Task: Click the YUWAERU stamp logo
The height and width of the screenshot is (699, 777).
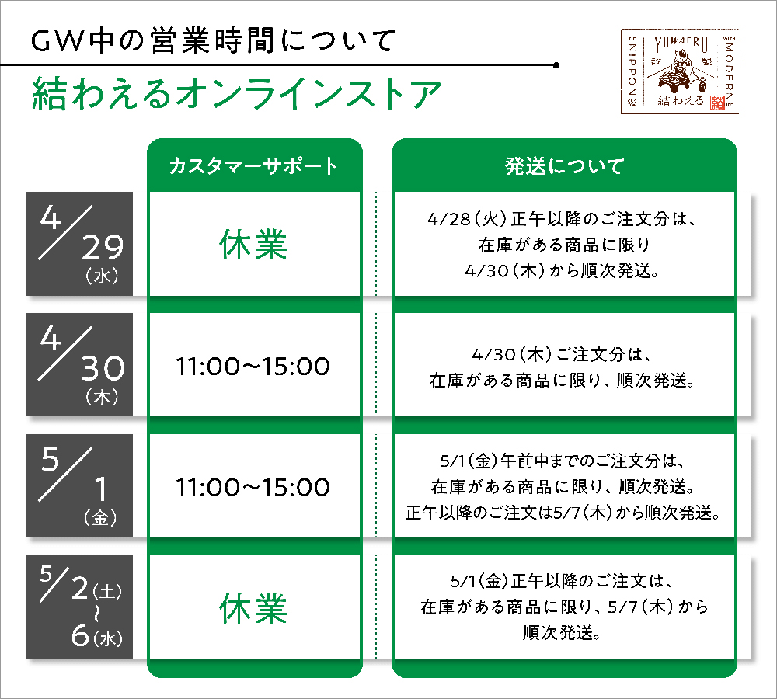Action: [681, 71]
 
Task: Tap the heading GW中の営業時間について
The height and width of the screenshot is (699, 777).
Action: [214, 40]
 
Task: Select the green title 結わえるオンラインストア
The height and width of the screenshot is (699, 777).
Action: [236, 94]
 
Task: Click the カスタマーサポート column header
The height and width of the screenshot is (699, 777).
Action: [253, 166]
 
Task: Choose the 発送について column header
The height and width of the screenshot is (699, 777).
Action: [564, 166]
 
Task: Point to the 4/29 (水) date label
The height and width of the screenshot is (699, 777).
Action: [81, 244]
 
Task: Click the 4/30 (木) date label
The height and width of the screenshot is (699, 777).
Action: [81, 365]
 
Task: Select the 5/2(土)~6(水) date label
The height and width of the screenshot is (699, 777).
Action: [81, 607]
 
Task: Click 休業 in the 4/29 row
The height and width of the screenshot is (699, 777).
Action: [253, 244]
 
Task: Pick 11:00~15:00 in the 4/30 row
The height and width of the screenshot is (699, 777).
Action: [253, 366]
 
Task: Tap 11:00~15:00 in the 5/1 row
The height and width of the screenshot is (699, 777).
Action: [253, 487]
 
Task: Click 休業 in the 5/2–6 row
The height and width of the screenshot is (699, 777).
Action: [253, 608]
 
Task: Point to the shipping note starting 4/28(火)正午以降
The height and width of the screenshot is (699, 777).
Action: [563, 244]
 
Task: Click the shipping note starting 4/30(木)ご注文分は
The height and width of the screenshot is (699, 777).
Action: [563, 367]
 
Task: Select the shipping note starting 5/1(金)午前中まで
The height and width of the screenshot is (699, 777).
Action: [563, 486]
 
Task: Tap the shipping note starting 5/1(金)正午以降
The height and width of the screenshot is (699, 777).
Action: [564, 607]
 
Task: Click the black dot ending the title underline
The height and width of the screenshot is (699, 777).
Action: [556, 65]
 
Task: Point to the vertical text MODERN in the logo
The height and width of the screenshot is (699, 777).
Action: [729, 68]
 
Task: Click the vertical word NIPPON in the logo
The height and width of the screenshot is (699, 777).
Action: [632, 71]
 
